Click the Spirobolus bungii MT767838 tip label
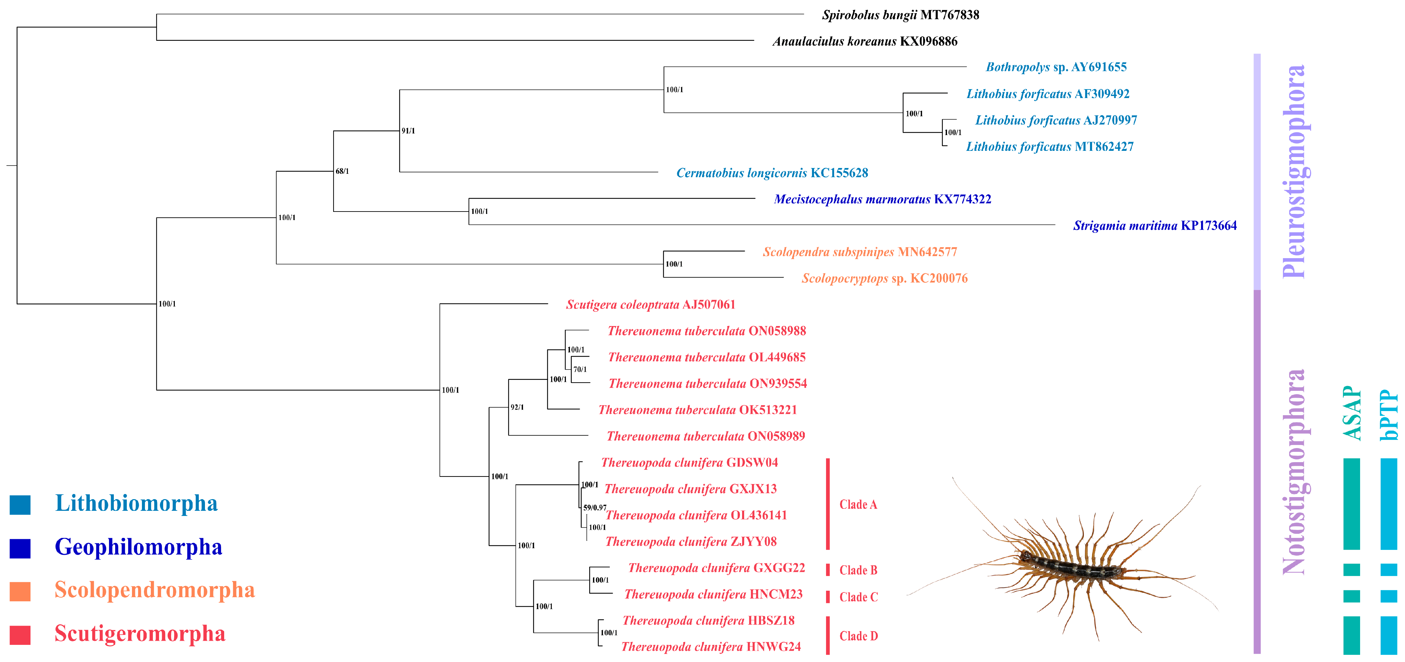pyautogui.click(x=900, y=15)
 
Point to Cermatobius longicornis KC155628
pyautogui.click(x=772, y=173)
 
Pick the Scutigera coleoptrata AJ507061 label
pyautogui.click(x=650, y=304)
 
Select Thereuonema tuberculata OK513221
pyautogui.click(x=697, y=410)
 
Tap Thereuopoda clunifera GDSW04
pyautogui.click(x=689, y=462)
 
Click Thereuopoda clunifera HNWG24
pyautogui.click(x=711, y=647)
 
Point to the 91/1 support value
pyautogui.click(x=408, y=131)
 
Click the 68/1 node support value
pyautogui.click(x=342, y=171)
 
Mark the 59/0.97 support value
pyautogui.click(x=594, y=508)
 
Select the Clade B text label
pyautogui.click(x=858, y=570)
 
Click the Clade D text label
pyautogui.click(x=858, y=636)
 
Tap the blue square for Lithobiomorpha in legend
pyautogui.click(x=20, y=504)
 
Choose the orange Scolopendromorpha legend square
pyautogui.click(x=20, y=591)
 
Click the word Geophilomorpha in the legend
pyautogui.click(x=138, y=547)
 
